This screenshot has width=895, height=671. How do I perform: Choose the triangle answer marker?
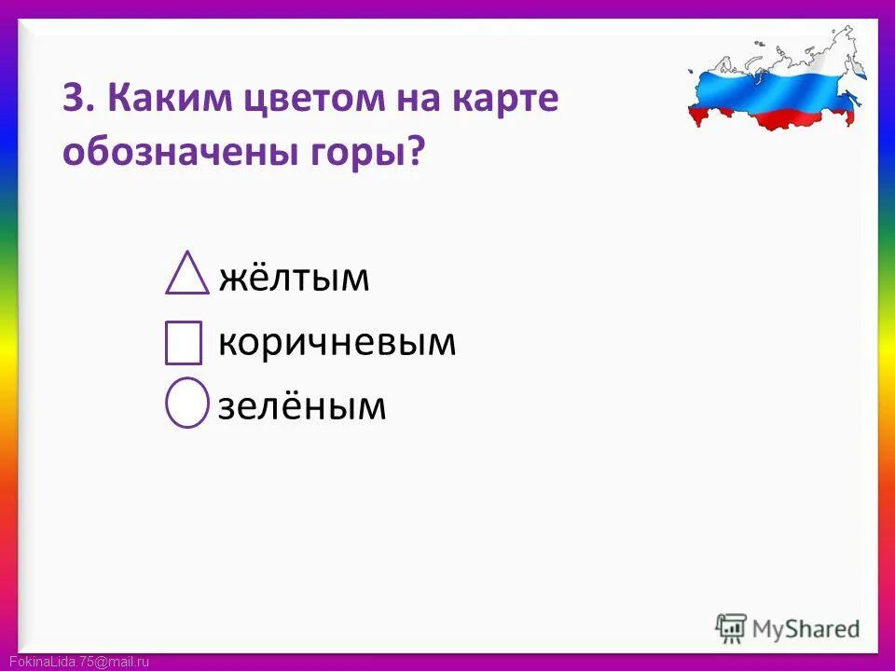(186, 273)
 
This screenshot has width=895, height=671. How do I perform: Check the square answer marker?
(183, 343)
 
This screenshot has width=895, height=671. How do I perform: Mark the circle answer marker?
(186, 403)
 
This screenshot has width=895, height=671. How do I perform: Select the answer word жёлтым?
(295, 277)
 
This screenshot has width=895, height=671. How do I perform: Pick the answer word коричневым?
(337, 343)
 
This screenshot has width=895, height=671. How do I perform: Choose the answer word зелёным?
(302, 405)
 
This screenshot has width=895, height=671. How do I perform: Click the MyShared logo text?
(807, 628)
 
